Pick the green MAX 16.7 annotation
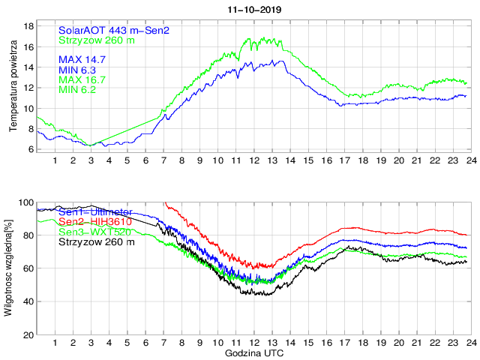[x=82, y=79]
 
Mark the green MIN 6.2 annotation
[x=79, y=90]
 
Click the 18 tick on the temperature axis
[x=29, y=26]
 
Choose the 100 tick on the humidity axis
[x=26, y=202]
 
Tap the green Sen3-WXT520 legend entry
[x=94, y=232]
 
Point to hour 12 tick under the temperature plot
[x=254, y=160]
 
